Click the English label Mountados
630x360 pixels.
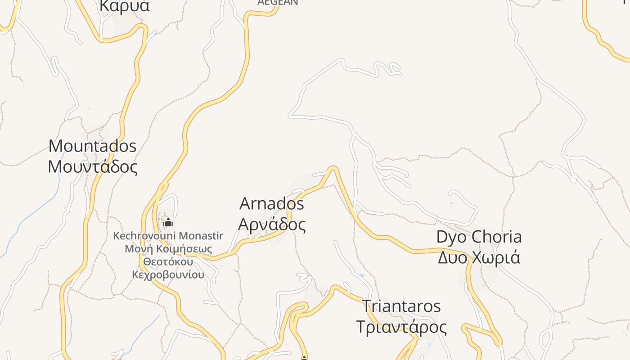tap(92, 146)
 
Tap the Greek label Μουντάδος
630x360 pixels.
tap(92, 167)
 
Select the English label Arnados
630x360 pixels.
tap(272, 204)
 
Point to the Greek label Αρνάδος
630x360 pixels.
tap(272, 224)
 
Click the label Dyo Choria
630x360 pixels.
tap(479, 237)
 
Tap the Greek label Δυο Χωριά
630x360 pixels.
tap(479, 258)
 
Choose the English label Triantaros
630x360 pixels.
tap(401, 306)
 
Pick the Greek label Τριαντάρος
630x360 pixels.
tap(401, 327)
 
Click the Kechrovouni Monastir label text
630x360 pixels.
tap(168, 236)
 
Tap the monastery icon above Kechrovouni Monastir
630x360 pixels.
tap(168, 223)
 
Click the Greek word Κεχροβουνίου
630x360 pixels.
tap(168, 274)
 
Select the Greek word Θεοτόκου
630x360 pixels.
tap(168, 262)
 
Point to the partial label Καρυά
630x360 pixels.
tap(124, 6)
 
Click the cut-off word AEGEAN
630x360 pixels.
tap(278, 3)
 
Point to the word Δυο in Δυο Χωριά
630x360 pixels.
tap(452, 258)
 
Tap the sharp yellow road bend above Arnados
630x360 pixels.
tap(333, 168)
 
